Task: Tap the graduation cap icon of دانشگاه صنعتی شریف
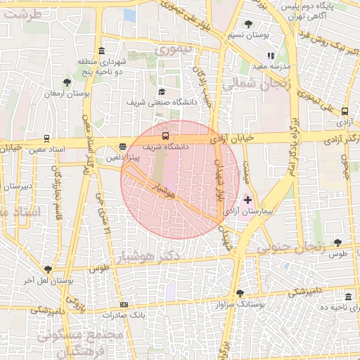(x=161, y=91)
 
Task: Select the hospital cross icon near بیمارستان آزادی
(x=247, y=200)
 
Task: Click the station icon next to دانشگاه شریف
(x=165, y=136)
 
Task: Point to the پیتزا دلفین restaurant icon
(x=123, y=147)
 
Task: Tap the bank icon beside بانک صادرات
(x=124, y=304)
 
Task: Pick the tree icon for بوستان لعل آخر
(x=48, y=269)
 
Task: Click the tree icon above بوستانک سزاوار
(x=240, y=293)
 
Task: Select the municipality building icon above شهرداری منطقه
(x=102, y=51)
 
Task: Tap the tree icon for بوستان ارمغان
(x=67, y=82)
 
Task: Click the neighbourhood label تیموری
(x=172, y=50)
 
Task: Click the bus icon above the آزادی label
(x=345, y=111)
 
